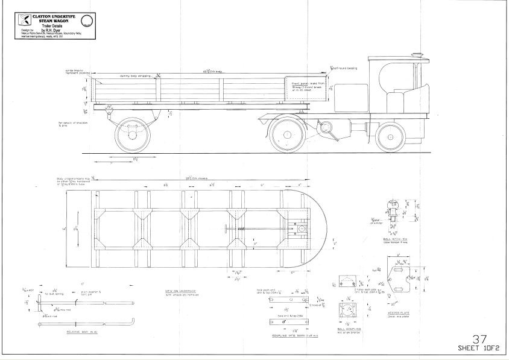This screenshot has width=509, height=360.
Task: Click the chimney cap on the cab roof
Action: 416,55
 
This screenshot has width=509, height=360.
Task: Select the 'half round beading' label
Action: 345,68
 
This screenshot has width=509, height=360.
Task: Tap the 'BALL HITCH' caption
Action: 395,239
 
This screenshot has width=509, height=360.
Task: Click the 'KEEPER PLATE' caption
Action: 398,314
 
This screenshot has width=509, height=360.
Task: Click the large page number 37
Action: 481,340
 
